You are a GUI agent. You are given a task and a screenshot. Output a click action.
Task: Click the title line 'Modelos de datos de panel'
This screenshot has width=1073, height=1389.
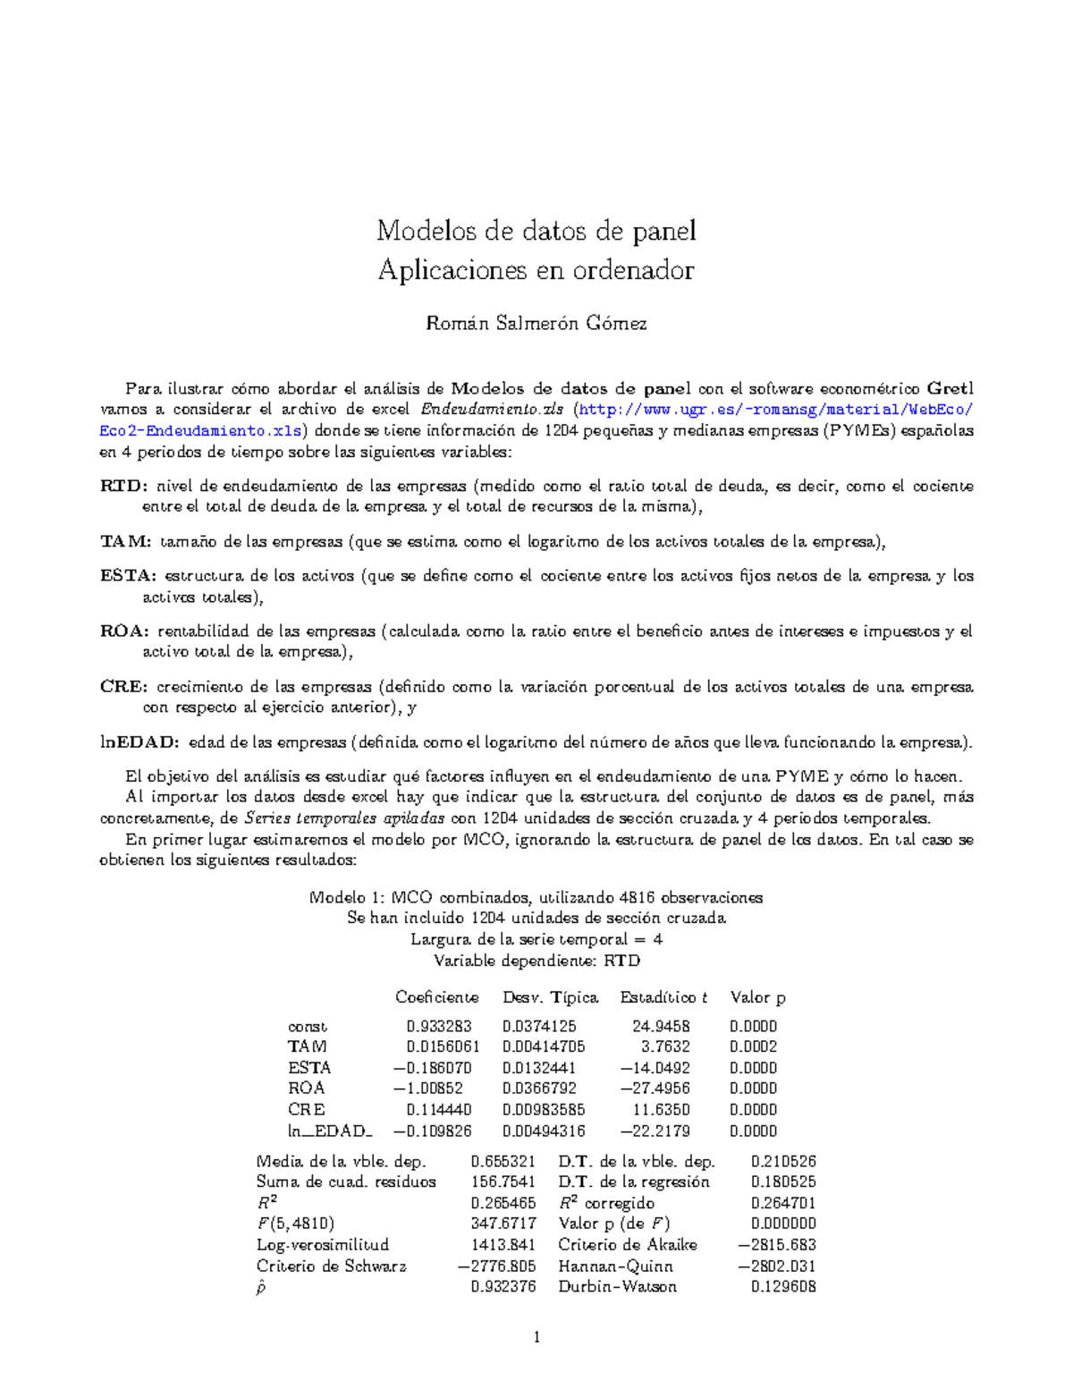[536, 232]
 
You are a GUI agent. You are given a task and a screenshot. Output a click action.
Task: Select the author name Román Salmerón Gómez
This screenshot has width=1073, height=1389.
[536, 323]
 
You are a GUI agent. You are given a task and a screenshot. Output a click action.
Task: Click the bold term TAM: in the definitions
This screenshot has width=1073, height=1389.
[125, 542]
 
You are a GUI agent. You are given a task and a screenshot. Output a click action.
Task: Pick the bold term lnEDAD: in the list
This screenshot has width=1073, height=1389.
[139, 742]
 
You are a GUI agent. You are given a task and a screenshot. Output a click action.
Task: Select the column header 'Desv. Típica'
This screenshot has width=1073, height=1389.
[550, 997]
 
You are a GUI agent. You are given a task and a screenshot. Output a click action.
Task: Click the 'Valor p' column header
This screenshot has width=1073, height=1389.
[757, 997]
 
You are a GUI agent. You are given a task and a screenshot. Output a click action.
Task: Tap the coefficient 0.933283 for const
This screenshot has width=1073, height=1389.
[438, 1026]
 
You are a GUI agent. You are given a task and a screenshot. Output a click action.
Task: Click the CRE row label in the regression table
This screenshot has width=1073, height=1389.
[306, 1109]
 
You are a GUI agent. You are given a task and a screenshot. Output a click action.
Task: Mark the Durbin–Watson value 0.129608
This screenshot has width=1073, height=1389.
[783, 1287]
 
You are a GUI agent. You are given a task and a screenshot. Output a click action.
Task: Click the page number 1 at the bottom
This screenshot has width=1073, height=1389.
[536, 1338]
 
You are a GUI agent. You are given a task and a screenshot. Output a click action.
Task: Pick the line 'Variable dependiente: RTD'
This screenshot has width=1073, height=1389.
[536, 961]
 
